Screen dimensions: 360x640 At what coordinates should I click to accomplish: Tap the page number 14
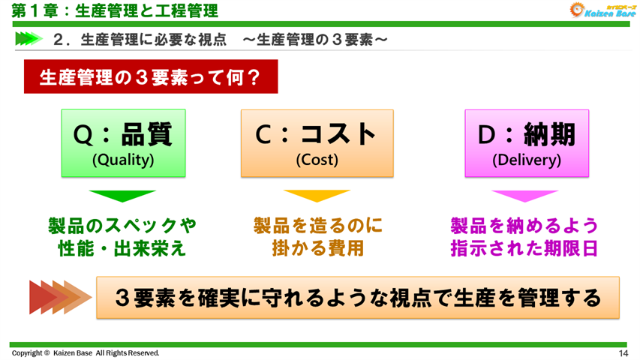[x=623, y=353]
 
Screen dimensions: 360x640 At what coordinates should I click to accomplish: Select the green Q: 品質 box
[x=123, y=142]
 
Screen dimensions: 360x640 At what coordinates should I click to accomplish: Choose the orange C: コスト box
[x=317, y=142]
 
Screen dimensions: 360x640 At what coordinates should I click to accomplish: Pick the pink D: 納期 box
[x=527, y=142]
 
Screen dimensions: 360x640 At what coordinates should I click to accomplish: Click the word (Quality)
[x=123, y=160]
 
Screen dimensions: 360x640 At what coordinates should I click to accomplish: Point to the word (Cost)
[x=317, y=160]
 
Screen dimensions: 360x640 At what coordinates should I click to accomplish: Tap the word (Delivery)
[x=527, y=160]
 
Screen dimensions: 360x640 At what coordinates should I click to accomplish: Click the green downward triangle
[x=122, y=196]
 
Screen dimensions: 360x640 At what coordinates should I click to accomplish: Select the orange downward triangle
[x=317, y=196]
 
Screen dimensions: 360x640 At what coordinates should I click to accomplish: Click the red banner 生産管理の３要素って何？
[x=151, y=77]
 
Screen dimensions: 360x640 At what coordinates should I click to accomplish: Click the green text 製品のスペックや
[x=122, y=226]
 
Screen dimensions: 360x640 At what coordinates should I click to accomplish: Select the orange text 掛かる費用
[x=317, y=248]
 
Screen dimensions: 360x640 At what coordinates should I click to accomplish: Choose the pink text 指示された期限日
[x=524, y=248]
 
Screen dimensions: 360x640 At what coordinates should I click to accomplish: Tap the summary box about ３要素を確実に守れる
[x=358, y=298]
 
